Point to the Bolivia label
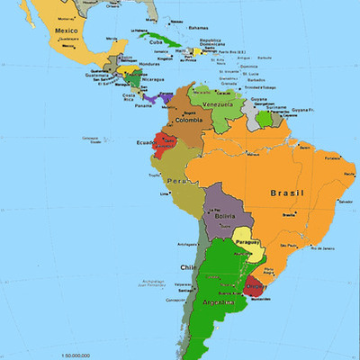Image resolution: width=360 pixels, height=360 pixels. pyautogui.click(x=225, y=216)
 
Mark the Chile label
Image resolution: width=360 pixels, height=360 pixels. pyautogui.click(x=188, y=267)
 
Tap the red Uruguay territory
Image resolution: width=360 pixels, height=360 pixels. pyautogui.click(x=255, y=288)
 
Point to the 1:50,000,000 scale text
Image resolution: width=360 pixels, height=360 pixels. pyautogui.click(x=79, y=356)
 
